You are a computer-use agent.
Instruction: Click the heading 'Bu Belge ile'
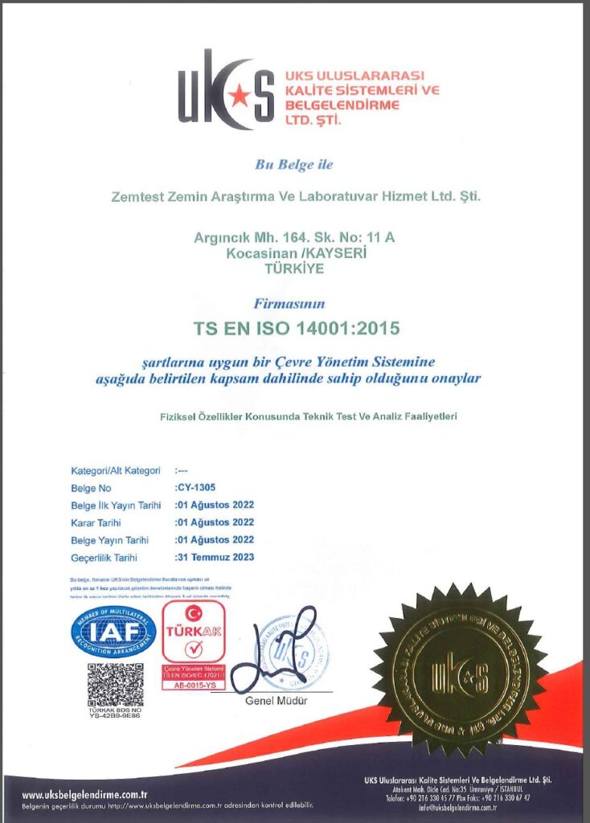293,165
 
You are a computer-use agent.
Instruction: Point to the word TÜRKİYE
294,268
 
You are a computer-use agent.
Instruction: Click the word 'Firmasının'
294,305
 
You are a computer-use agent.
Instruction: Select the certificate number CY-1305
197,488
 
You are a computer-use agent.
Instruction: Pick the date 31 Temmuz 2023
215,557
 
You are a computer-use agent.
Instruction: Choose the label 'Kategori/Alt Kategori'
116,471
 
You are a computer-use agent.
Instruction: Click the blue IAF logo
113,631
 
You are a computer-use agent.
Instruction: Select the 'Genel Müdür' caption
277,701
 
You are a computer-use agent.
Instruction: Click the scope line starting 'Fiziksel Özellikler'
314,416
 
